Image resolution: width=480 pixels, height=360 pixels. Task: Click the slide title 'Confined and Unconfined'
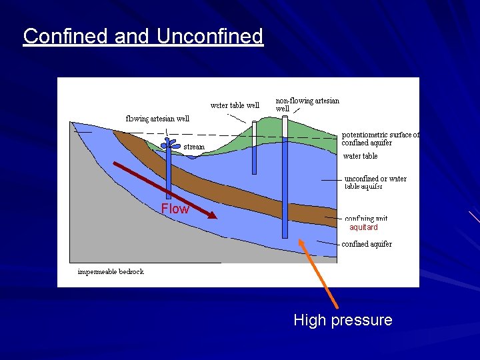click(x=143, y=36)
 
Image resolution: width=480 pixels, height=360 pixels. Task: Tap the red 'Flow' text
click(x=175, y=209)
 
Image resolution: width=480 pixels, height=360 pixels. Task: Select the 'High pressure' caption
click(x=343, y=321)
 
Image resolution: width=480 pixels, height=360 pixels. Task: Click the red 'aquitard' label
click(x=363, y=227)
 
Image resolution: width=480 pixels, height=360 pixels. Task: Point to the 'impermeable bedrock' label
click(x=111, y=271)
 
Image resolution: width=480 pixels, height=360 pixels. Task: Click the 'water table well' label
click(x=235, y=105)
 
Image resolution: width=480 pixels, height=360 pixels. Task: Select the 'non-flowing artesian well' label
click(x=307, y=104)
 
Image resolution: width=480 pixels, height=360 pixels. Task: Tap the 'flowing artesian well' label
click(x=157, y=119)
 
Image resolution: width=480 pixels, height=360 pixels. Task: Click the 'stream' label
click(x=194, y=147)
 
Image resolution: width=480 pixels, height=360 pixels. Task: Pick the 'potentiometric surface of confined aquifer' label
click(x=380, y=139)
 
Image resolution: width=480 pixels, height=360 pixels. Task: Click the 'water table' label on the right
click(x=360, y=156)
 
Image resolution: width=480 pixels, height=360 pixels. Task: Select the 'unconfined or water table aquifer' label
click(x=375, y=183)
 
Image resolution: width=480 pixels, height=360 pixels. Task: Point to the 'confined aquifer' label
click(x=367, y=244)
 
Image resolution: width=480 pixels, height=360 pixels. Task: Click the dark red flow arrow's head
click(x=212, y=215)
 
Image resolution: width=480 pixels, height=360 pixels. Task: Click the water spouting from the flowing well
click(x=168, y=143)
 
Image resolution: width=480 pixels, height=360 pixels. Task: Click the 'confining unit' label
click(x=365, y=218)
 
